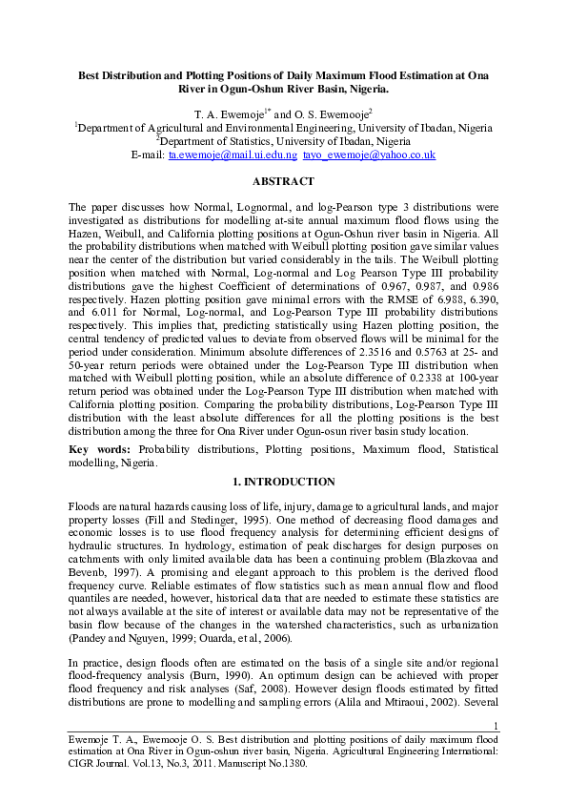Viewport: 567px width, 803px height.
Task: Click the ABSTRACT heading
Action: (x=283, y=181)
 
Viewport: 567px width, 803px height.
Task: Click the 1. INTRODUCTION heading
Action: (x=283, y=482)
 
